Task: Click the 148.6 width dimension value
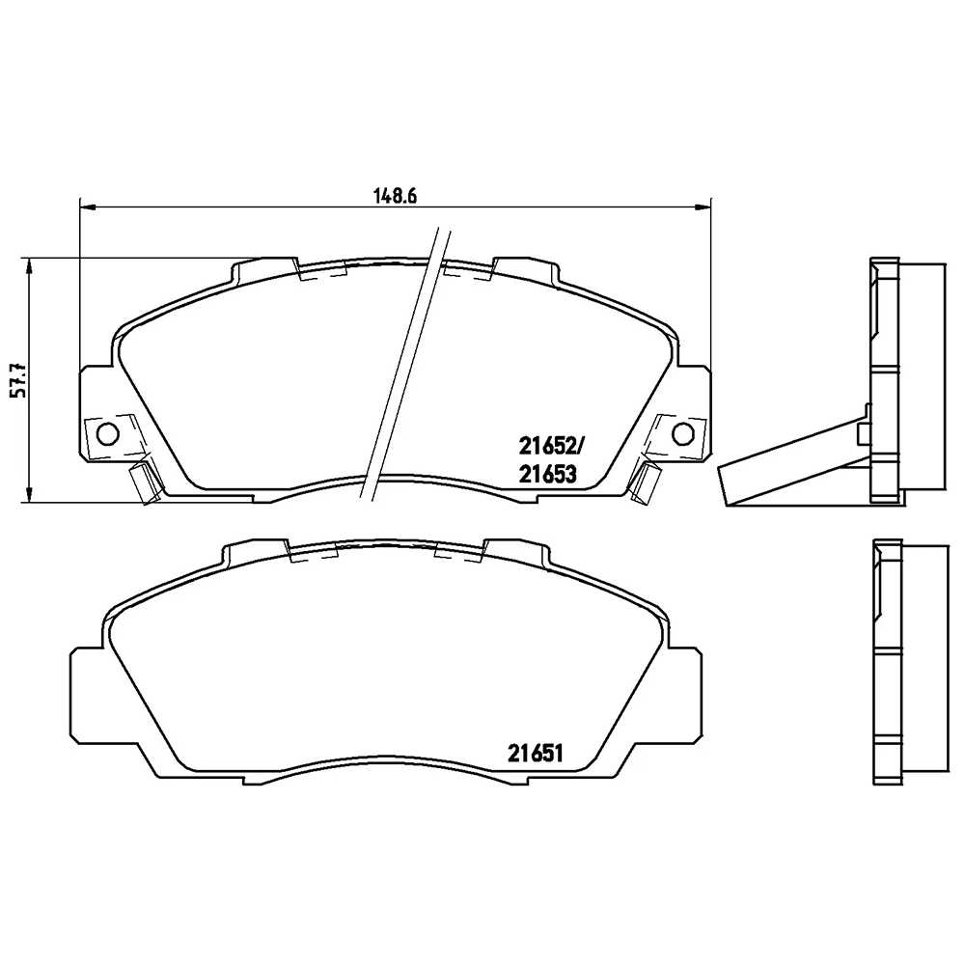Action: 396,196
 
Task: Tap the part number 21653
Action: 548,474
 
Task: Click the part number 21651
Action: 536,754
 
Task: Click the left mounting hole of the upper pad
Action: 108,433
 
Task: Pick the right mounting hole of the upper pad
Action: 682,433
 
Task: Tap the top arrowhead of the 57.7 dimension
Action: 28,266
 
